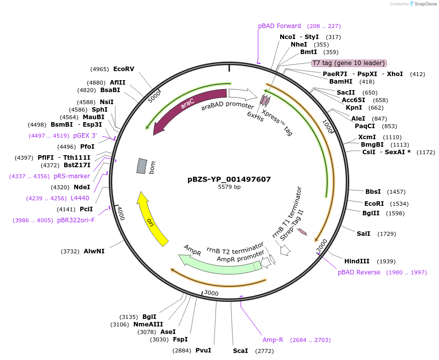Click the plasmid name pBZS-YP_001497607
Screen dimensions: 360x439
tap(229, 179)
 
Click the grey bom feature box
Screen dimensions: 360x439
tap(142, 166)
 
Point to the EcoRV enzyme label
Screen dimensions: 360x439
tap(124, 69)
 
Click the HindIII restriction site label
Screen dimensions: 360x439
tap(357, 261)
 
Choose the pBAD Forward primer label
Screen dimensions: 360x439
tap(280, 26)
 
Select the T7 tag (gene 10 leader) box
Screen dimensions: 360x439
tap(349, 63)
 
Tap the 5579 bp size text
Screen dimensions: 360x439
tap(229, 187)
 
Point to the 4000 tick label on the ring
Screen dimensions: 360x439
tap(119, 212)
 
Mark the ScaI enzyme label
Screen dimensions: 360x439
tap(240, 350)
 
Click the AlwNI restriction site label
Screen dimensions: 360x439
tap(94, 251)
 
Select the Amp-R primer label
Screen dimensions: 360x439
tap(273, 340)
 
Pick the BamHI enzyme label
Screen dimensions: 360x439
tap(341, 82)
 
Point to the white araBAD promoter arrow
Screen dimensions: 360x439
tap(242, 95)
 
